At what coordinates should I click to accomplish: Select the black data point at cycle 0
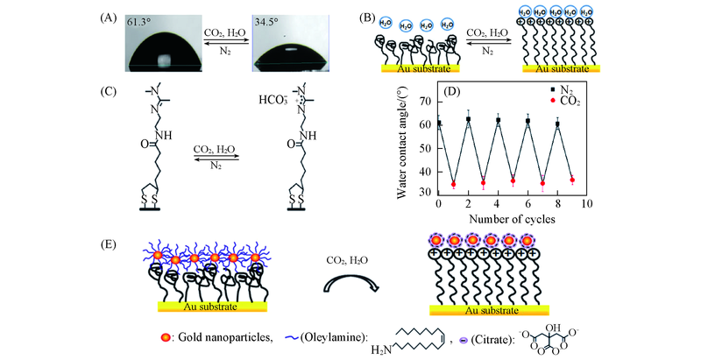[438, 124]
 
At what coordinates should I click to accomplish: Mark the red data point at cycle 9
[572, 180]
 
